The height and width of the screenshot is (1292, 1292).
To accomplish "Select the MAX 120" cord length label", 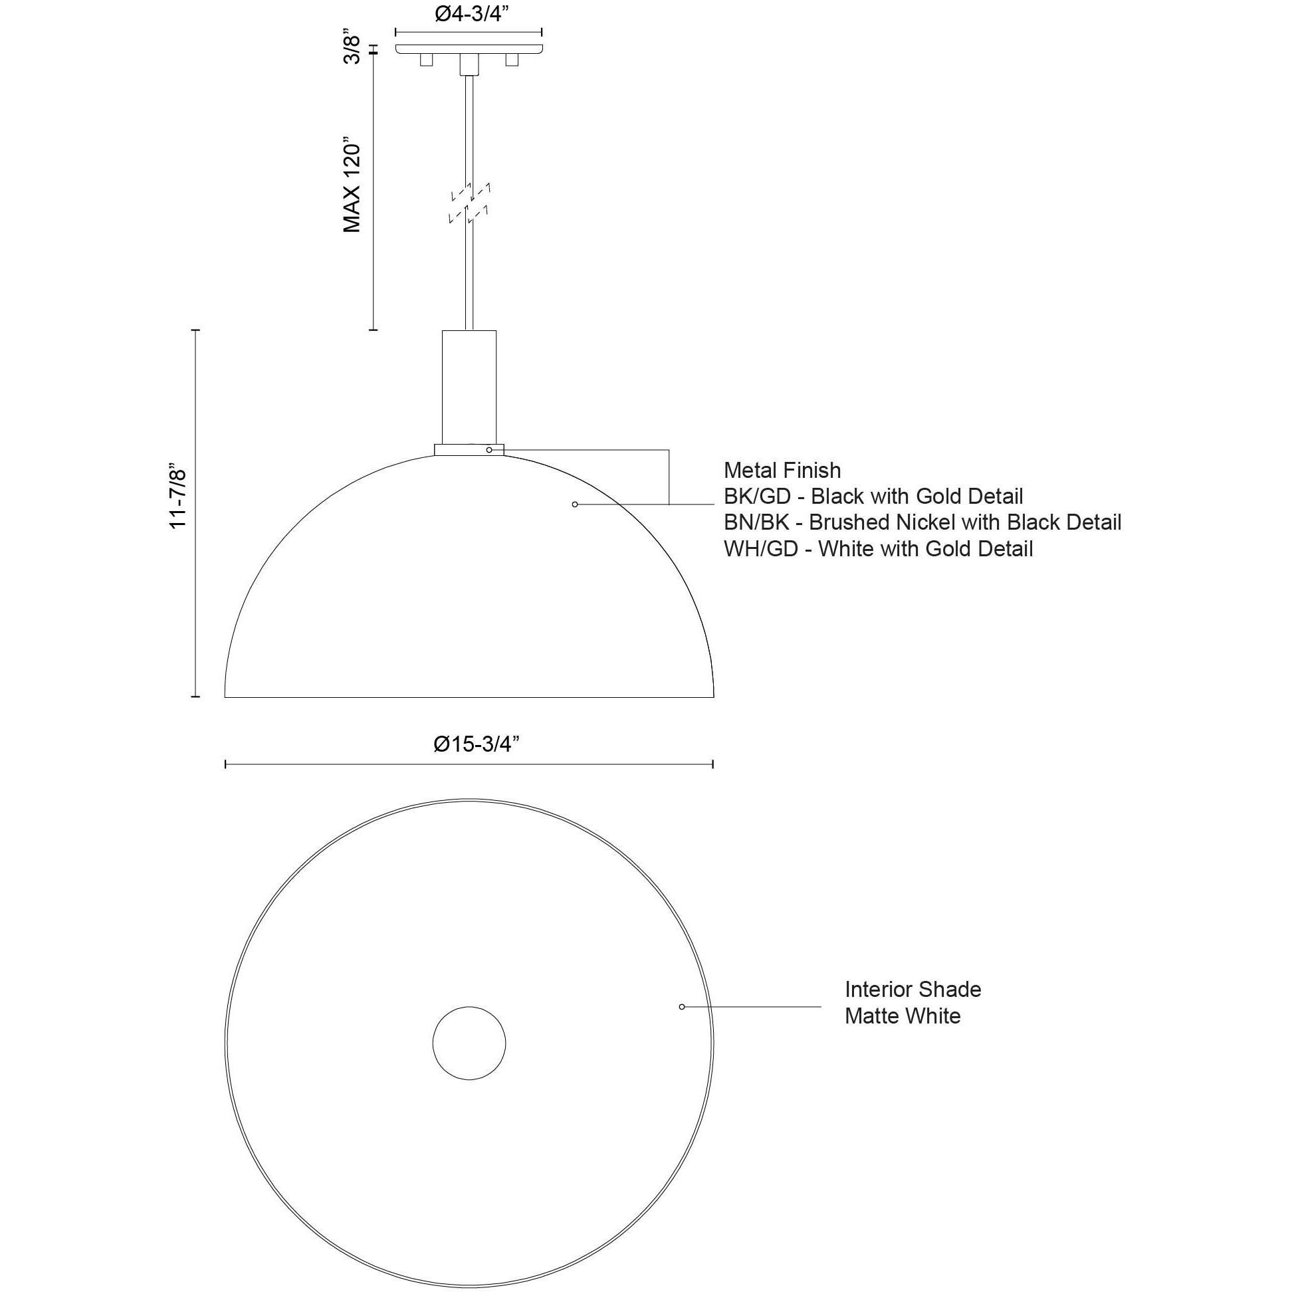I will (352, 187).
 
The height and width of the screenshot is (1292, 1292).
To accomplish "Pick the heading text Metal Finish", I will (782, 471).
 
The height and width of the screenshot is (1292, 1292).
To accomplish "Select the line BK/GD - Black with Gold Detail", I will (873, 497).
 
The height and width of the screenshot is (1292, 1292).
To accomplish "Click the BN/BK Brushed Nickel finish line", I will (922, 522).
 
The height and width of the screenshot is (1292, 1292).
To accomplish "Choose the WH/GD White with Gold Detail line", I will (878, 549).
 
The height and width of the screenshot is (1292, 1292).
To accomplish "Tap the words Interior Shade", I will (912, 990).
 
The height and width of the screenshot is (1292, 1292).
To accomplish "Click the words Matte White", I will (902, 1016).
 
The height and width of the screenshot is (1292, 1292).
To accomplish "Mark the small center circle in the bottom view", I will (469, 1042).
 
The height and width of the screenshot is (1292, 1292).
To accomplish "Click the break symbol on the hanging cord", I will (470, 201).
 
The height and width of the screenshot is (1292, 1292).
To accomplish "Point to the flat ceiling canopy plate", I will (468, 49).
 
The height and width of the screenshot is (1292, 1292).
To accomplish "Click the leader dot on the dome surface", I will (574, 504).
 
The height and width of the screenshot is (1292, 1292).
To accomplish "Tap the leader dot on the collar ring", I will (490, 450).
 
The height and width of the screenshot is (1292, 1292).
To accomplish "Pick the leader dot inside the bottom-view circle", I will (681, 1007).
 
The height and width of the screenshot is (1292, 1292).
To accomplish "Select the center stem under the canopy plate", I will (469, 65).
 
